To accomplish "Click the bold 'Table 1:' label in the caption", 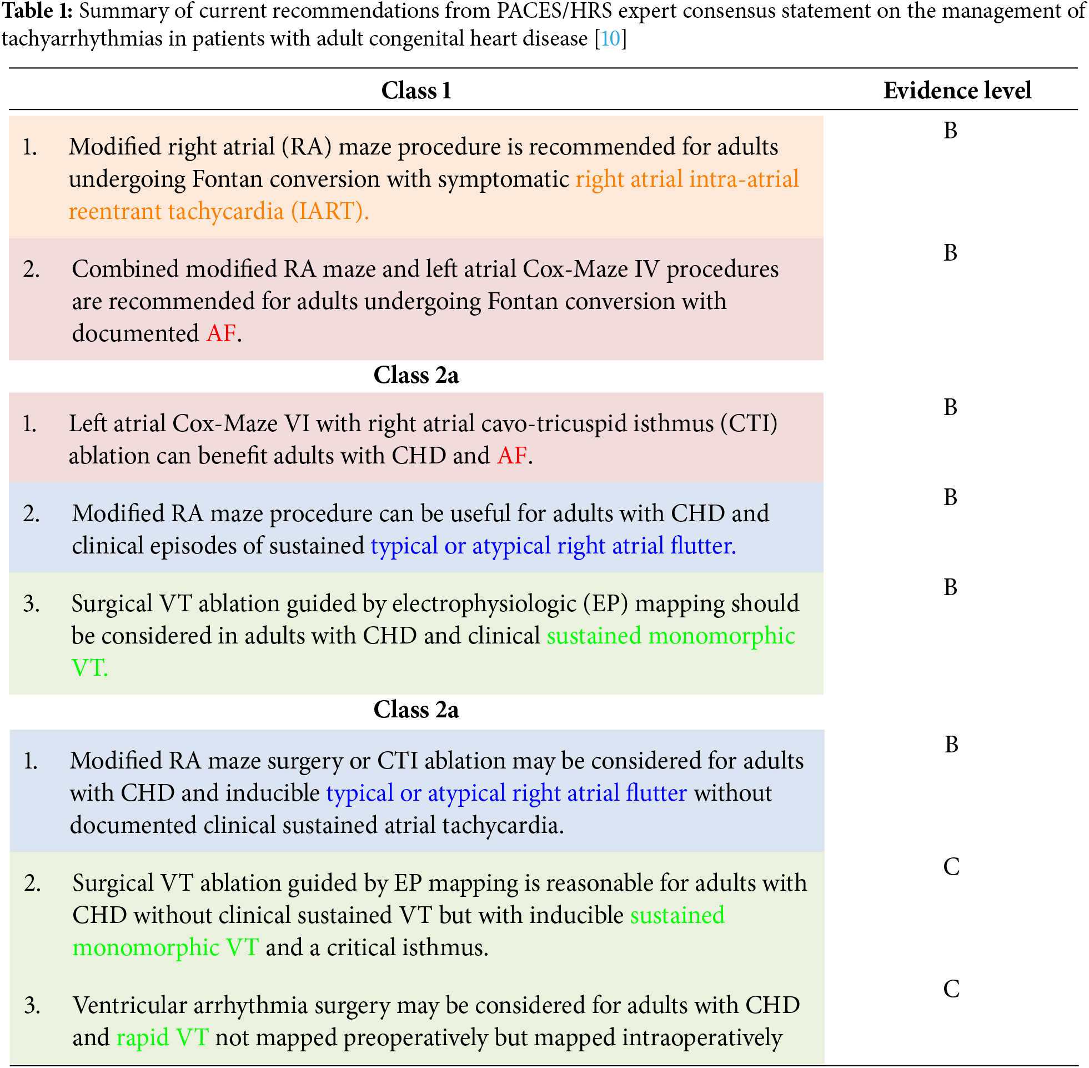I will (37, 11).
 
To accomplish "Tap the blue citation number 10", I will (610, 39).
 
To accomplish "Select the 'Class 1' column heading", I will (416, 91).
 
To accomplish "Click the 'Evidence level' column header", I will (957, 91).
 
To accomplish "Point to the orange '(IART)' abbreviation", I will (329, 212).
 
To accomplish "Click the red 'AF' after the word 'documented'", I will (221, 333).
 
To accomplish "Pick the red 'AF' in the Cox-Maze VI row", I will (511, 456).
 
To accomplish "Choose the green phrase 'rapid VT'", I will (163, 1037).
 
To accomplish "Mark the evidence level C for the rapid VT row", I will (951, 989).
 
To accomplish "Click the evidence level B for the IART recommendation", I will (950, 131).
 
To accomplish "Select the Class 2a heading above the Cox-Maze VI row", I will (416, 375).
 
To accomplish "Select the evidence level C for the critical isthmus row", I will (951, 867).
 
